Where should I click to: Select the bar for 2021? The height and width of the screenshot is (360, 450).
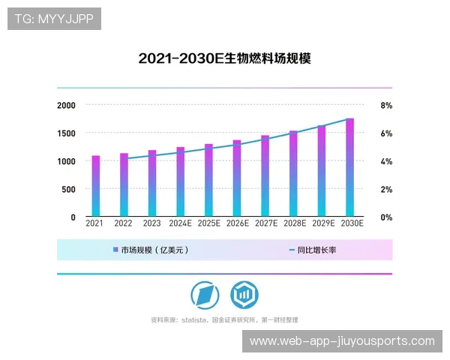[x=95, y=186]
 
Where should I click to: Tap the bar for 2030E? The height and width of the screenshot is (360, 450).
[x=349, y=167]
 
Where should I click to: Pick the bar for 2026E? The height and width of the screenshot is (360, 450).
[x=236, y=178]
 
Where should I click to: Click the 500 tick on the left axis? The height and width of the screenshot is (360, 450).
[x=68, y=189]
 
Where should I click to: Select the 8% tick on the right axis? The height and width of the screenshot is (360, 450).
[x=386, y=106]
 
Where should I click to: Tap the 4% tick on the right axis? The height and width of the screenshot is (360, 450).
[x=386, y=161]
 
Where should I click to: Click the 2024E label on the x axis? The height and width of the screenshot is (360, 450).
[x=180, y=223]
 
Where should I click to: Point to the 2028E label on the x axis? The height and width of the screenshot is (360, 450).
[x=294, y=223]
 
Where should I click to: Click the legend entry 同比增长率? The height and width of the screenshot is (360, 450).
[x=311, y=250]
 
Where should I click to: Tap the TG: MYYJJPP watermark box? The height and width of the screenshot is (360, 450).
[x=53, y=19]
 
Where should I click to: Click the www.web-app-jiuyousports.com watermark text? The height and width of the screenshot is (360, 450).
[x=341, y=341]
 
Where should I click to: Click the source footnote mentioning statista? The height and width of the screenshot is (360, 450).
[x=224, y=319]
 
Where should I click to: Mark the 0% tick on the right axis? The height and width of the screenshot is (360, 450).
[x=386, y=217]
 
